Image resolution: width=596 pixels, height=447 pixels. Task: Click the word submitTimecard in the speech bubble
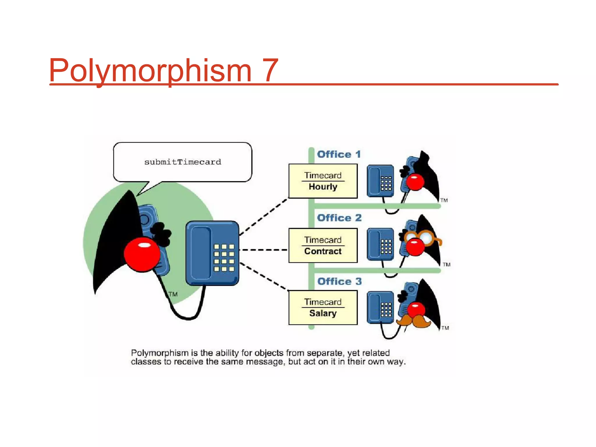click(183, 162)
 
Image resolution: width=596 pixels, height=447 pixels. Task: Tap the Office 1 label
click(339, 154)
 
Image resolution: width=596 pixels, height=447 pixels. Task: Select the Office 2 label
click(339, 218)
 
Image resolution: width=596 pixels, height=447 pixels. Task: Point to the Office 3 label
click(339, 281)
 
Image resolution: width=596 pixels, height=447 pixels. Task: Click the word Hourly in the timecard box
click(323, 187)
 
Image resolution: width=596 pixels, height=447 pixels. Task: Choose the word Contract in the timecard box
click(323, 251)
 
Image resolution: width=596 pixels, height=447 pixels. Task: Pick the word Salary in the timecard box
click(323, 313)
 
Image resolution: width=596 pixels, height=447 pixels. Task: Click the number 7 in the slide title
click(270, 70)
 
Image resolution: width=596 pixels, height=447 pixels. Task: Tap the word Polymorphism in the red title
click(150, 70)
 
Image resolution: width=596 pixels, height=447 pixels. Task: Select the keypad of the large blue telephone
click(224, 258)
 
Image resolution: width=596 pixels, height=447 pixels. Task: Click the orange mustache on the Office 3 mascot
click(413, 321)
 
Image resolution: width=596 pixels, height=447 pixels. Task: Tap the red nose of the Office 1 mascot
click(415, 182)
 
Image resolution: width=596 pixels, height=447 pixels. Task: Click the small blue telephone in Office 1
click(380, 181)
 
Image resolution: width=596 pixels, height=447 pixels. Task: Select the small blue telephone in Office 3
click(380, 308)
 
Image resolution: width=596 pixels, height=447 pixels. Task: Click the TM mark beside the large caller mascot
click(173, 294)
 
